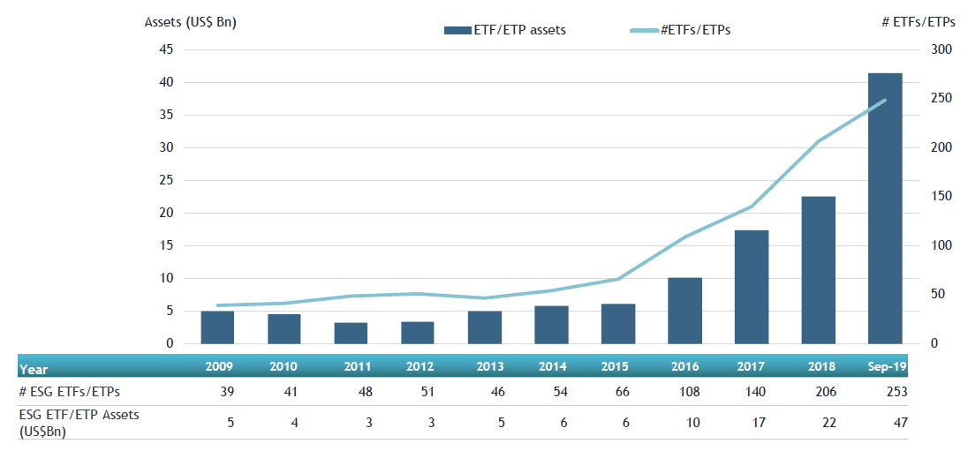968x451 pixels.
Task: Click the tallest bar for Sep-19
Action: click(x=884, y=208)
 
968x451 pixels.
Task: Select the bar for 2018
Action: click(x=818, y=270)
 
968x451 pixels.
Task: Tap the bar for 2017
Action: click(x=751, y=287)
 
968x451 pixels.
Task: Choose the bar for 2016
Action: click(x=684, y=311)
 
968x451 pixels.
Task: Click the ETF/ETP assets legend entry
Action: click(x=505, y=30)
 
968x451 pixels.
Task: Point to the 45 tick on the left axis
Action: click(x=166, y=49)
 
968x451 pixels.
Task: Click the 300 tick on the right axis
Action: click(x=942, y=49)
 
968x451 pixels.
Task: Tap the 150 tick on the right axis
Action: click(x=942, y=197)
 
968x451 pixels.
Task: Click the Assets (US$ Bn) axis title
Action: click(x=191, y=21)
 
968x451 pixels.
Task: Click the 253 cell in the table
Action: click(x=896, y=391)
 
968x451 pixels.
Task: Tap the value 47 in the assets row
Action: click(x=900, y=423)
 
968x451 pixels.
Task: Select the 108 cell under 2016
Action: click(x=689, y=391)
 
